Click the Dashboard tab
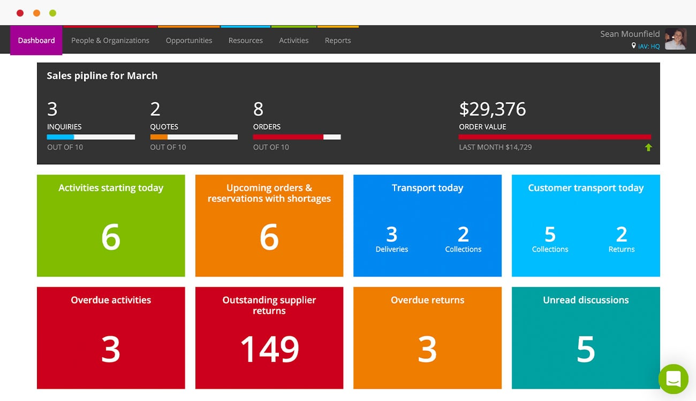click(x=36, y=41)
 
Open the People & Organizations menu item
click(x=110, y=41)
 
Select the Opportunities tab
click(x=189, y=41)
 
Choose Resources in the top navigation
click(x=246, y=41)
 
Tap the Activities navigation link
click(x=294, y=41)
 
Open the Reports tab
click(x=338, y=41)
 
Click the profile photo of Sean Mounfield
click(x=676, y=39)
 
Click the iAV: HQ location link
click(x=648, y=47)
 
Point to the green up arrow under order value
click(x=648, y=148)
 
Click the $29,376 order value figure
click(x=493, y=110)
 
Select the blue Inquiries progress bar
click(x=60, y=137)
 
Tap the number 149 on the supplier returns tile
click(x=269, y=350)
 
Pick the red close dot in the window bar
click(x=20, y=13)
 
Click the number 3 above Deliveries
click(x=392, y=235)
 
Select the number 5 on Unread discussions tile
click(x=586, y=350)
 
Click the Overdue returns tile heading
click(x=427, y=300)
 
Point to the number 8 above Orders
click(x=259, y=110)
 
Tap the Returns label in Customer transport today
click(x=622, y=250)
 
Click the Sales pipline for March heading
click(x=102, y=76)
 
